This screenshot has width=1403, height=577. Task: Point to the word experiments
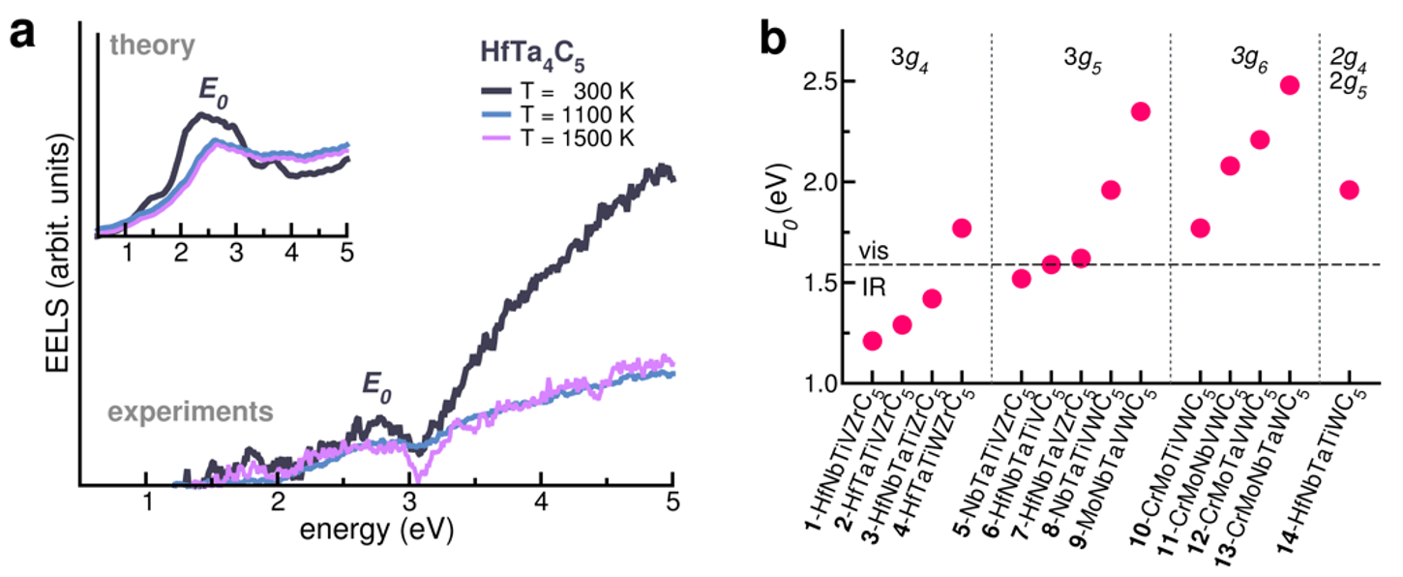tap(189, 410)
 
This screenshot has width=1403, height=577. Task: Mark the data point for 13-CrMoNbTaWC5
tap(1289, 84)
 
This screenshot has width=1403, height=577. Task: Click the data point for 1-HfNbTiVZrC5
tap(872, 341)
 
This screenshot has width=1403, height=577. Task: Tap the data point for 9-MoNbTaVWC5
tap(1140, 111)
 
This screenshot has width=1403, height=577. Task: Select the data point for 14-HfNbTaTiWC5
tap(1349, 190)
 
